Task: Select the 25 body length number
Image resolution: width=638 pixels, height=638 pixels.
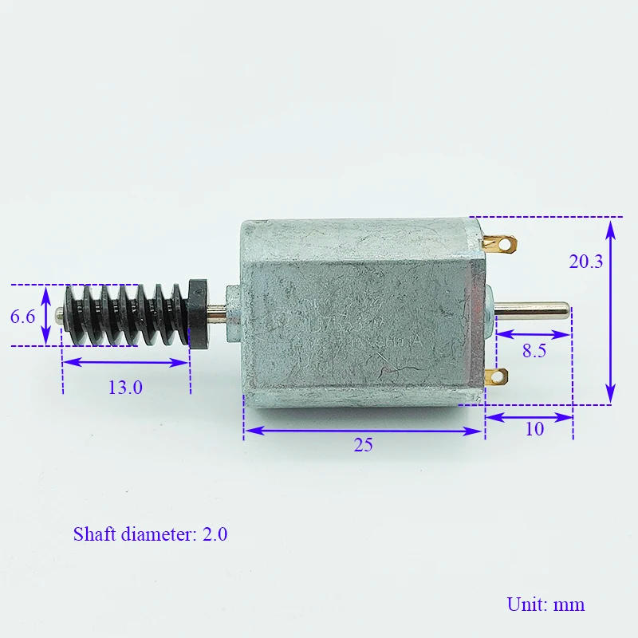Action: [x=363, y=446]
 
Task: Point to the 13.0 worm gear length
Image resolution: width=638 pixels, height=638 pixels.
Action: [x=125, y=388]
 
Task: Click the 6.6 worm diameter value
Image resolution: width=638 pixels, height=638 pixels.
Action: [x=22, y=317]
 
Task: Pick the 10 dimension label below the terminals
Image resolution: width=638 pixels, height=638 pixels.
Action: [x=534, y=429]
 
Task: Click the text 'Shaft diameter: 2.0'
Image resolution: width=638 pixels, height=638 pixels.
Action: [x=150, y=534]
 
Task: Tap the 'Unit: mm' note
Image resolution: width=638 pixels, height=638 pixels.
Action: [x=545, y=604]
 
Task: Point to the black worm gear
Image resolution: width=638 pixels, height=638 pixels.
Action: [x=124, y=313]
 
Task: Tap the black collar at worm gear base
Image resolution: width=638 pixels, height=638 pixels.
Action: [x=198, y=312]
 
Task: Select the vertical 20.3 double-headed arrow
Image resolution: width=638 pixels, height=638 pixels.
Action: [x=610, y=311]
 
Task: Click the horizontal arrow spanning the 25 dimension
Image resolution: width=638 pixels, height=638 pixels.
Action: [x=363, y=431]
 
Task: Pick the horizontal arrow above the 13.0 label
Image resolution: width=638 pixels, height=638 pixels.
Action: [x=126, y=362]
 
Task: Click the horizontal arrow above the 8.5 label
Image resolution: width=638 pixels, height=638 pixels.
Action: [x=533, y=335]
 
